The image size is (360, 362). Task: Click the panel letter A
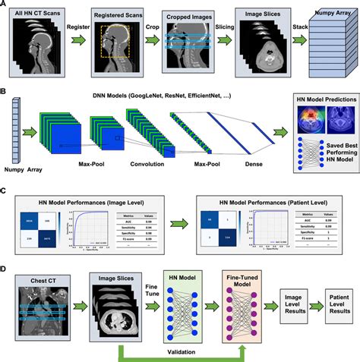[5, 5]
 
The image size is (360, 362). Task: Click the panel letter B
[5, 95]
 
